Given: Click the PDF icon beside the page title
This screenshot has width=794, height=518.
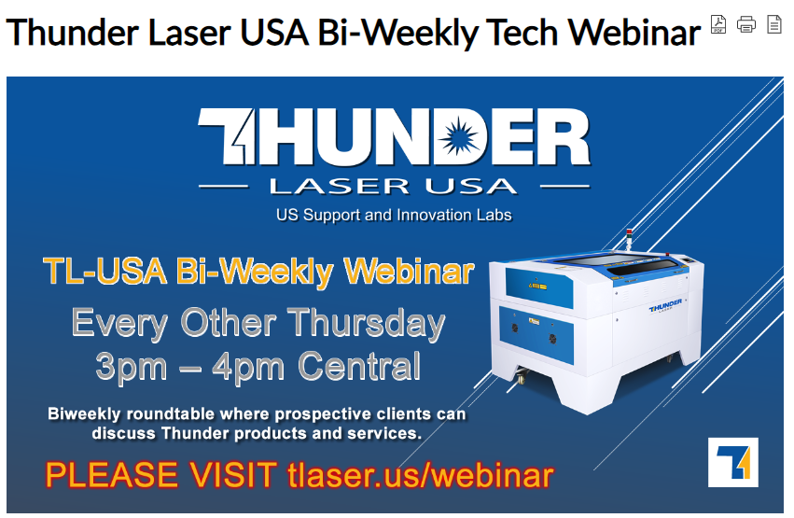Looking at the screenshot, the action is (x=718, y=24).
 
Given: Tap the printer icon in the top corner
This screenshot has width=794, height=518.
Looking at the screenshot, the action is (x=745, y=24).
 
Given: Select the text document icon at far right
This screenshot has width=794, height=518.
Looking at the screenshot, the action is (x=773, y=24).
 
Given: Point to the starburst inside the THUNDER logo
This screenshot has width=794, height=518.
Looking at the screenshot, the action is (x=458, y=136).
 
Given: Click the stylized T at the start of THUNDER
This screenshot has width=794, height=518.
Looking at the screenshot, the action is (x=227, y=136).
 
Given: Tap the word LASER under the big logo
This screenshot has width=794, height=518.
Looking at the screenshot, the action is (x=339, y=187).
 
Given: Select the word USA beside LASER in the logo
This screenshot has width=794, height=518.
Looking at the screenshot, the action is (x=471, y=187).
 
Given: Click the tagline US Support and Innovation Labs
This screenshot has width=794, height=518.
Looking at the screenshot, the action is (x=394, y=216).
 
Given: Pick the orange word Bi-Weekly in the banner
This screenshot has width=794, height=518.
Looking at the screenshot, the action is (x=254, y=272).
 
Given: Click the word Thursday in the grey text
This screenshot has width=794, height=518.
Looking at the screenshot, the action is (x=366, y=324).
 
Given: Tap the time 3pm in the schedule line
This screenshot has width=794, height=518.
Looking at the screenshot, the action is (x=131, y=367).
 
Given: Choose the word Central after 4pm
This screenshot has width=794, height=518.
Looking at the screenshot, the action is (x=359, y=366).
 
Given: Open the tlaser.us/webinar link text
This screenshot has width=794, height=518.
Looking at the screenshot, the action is (x=420, y=475).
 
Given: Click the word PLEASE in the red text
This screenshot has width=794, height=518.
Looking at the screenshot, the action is (x=111, y=475).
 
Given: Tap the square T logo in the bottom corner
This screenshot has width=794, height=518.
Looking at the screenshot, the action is (x=732, y=462).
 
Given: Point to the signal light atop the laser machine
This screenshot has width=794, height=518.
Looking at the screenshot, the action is (x=629, y=239).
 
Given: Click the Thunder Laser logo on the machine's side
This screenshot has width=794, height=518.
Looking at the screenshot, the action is (x=665, y=306).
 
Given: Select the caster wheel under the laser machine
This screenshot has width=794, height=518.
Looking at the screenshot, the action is (x=522, y=376).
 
